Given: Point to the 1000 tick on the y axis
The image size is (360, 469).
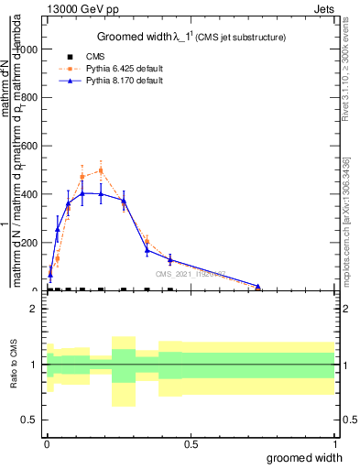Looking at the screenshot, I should click(29, 49).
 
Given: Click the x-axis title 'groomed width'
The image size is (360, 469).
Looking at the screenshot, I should click(311, 457).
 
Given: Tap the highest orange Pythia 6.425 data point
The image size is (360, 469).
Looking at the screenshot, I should click(101, 169).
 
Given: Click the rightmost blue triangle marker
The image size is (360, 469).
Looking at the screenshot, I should click(258, 287).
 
